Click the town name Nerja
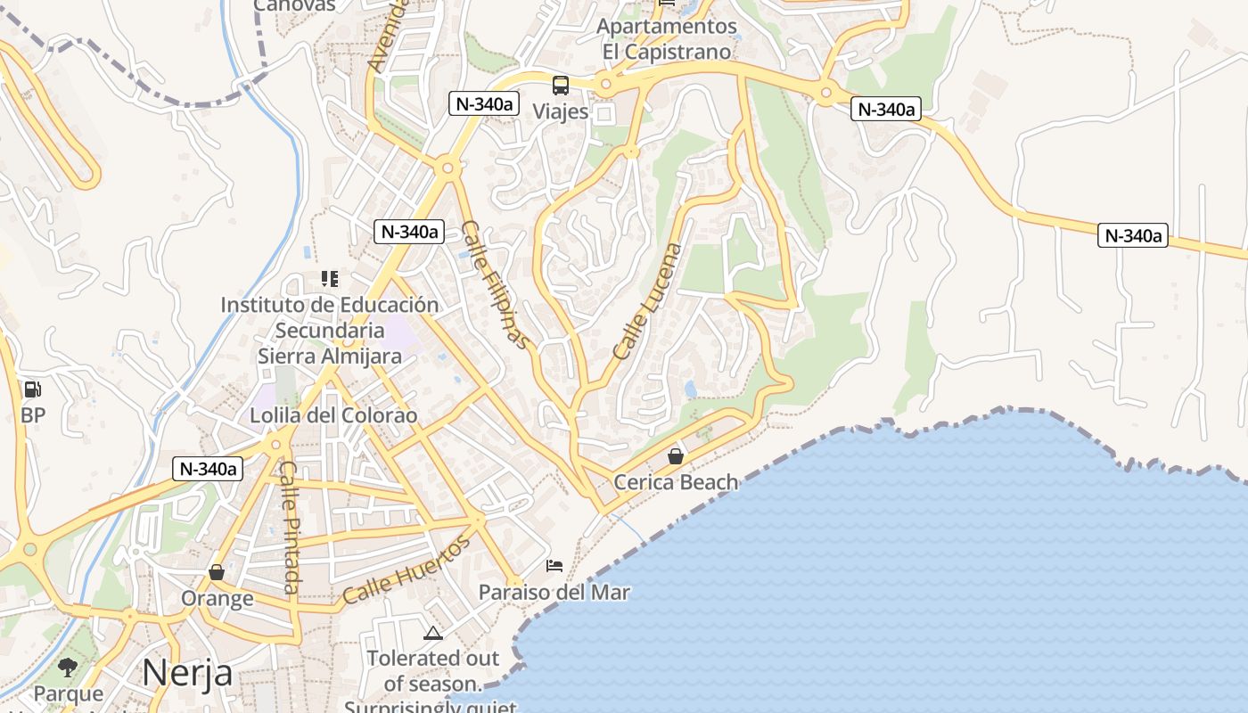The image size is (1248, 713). pyautogui.click(x=187, y=672)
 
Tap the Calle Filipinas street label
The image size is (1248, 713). pyautogui.click(x=497, y=283)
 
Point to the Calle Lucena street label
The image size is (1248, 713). pyautogui.click(x=647, y=301)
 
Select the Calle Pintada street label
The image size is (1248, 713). pyautogui.click(x=291, y=527)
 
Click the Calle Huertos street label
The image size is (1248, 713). pyautogui.click(x=406, y=570)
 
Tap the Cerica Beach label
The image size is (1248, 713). pyautogui.click(x=676, y=482)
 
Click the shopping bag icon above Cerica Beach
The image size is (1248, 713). pyautogui.click(x=676, y=456)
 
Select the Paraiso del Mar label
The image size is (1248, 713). pyautogui.click(x=554, y=592)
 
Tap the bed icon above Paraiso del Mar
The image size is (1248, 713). pyautogui.click(x=554, y=565)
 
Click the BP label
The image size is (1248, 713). pyautogui.click(x=33, y=415)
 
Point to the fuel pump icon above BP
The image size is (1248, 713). pyautogui.click(x=32, y=389)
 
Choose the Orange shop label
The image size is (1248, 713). pyautogui.click(x=217, y=597)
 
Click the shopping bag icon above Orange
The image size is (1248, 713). pyautogui.click(x=217, y=571)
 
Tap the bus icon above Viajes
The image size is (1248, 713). pyautogui.click(x=561, y=86)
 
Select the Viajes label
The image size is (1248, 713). pyautogui.click(x=561, y=111)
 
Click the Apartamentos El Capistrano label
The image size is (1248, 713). pyautogui.click(x=667, y=39)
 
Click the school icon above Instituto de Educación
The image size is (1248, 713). pyautogui.click(x=330, y=279)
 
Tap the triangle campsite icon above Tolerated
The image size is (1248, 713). pyautogui.click(x=433, y=634)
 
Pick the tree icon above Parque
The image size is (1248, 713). pyautogui.click(x=68, y=667)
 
